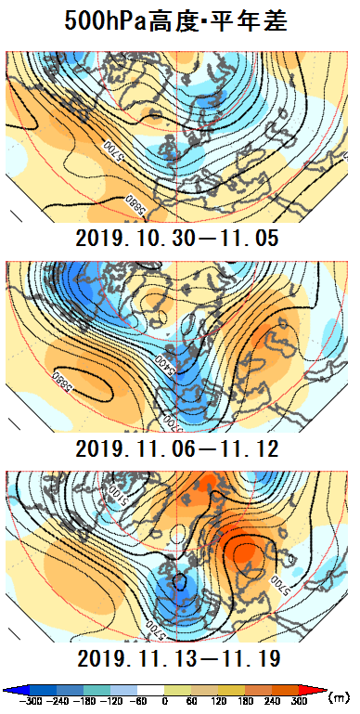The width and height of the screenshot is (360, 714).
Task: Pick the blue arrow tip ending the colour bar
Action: coord(6,690)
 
